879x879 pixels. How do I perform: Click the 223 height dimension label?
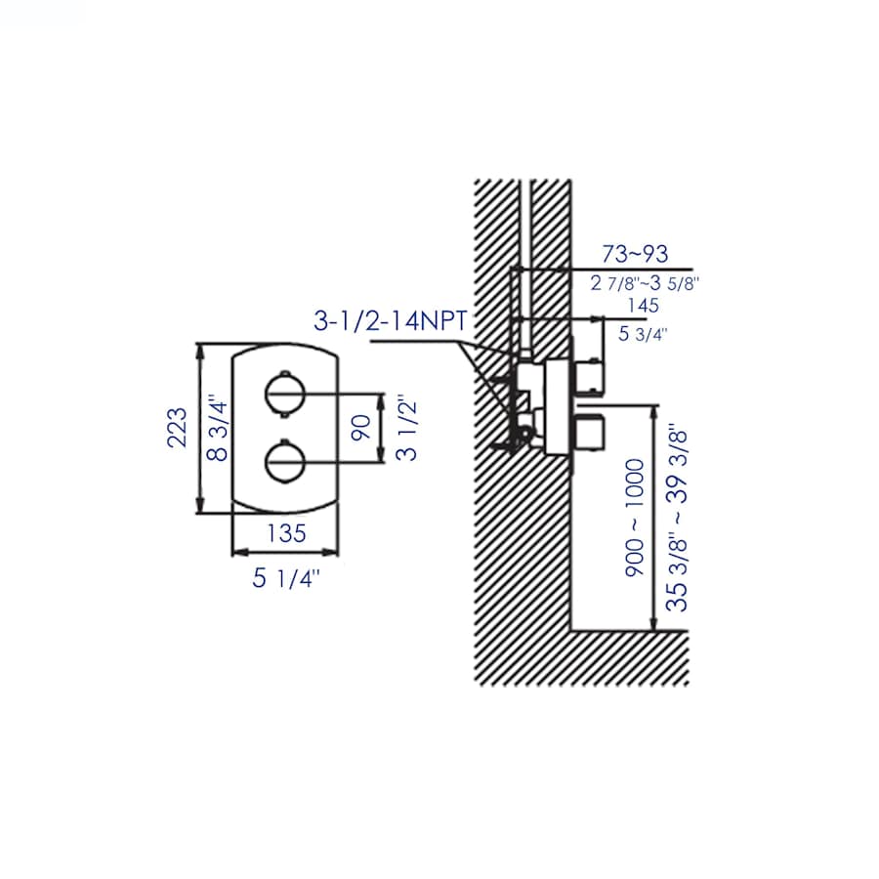point(177,427)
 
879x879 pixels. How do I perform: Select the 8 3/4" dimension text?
point(218,431)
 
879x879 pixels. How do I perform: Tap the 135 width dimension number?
point(286,533)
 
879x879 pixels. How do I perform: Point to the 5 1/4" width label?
point(285,578)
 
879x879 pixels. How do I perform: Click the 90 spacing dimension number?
point(361,428)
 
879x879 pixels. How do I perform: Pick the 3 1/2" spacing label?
point(407,430)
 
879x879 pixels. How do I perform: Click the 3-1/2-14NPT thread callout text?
point(391,321)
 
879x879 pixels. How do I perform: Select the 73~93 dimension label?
point(635,255)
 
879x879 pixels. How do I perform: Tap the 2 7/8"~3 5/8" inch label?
point(646,283)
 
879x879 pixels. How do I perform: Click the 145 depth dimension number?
point(643,306)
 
